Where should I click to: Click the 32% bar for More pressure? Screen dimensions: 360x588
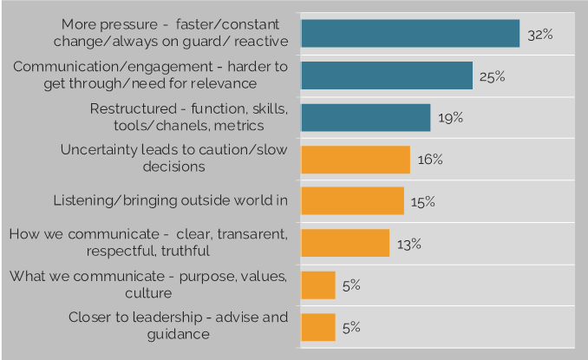(409, 33)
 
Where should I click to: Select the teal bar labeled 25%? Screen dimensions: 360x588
(386, 75)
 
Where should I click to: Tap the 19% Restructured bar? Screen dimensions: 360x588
(365, 117)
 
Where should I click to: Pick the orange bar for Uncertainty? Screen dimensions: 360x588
(355, 160)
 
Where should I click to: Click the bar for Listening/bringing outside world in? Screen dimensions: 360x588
(352, 201)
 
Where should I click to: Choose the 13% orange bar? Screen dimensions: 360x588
(344, 243)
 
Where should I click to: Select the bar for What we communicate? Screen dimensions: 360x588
(317, 285)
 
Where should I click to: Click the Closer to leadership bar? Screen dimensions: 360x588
(317, 327)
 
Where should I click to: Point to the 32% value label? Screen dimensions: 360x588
(539, 35)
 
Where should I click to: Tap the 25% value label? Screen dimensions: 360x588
(492, 76)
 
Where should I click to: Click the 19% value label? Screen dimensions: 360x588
(450, 118)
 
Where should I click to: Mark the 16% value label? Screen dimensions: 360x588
(429, 160)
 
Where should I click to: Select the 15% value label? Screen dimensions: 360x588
(423, 201)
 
